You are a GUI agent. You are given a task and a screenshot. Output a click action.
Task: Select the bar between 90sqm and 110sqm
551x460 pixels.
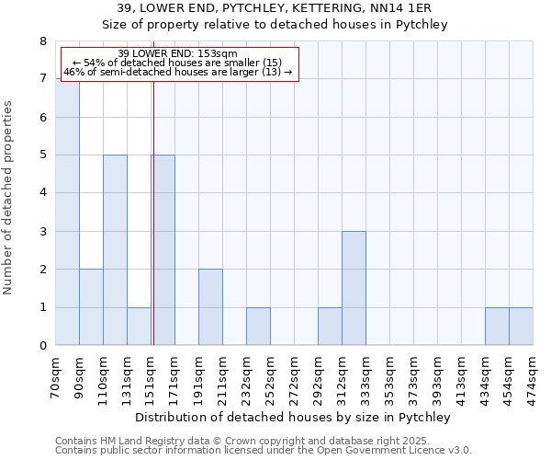coord(91,307)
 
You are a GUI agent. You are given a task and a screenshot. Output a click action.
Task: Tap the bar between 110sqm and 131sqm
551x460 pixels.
coord(115,250)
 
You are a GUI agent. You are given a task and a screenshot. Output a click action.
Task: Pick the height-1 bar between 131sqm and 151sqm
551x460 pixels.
coord(139,327)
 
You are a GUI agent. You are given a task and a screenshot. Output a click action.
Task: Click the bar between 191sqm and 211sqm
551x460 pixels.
coord(210,307)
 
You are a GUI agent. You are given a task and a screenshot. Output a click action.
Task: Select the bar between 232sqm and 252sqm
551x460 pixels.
coord(258,327)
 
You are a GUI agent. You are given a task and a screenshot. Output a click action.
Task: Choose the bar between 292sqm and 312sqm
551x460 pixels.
coord(330,327)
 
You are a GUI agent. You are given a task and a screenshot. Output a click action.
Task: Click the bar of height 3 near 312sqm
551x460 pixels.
coord(354,288)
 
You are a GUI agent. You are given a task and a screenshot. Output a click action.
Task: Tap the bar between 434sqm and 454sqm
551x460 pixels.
coord(497,327)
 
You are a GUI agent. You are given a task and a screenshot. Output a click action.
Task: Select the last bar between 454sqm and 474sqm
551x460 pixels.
coord(521,327)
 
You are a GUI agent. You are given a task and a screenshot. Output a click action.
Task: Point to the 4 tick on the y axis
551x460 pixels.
coord(42,193)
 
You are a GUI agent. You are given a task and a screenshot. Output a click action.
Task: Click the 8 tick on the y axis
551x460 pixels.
coord(42,41)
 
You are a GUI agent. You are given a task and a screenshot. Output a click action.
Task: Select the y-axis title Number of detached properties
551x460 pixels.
coord(9,197)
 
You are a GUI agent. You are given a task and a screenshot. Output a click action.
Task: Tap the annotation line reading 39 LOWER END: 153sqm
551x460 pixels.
coord(178,53)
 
